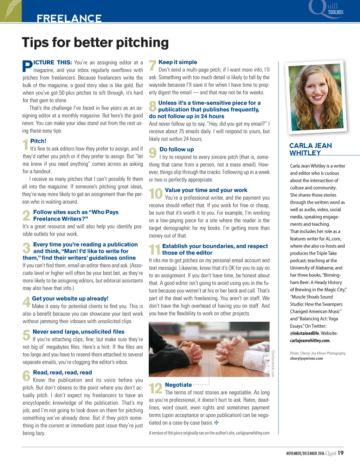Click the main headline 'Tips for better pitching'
pos(95,43)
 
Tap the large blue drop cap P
pos(27,66)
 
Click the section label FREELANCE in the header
pos(69,18)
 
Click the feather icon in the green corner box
pos(10,10)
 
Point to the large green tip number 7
pos(153,66)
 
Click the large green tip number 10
pos(156,194)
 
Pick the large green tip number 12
pos(156,388)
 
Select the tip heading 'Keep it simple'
pos(178,62)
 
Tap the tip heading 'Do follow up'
pos(176,149)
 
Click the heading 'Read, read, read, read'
pos(62,373)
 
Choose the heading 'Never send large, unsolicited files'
pos(78,332)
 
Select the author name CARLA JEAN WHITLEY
pos(310,149)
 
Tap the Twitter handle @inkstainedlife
pos(304,333)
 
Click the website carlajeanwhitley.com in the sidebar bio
pos(310,341)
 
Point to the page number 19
pos(341,453)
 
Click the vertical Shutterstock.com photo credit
pos(273,363)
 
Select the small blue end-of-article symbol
pos(217,423)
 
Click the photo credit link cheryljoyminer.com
pos(306,359)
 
